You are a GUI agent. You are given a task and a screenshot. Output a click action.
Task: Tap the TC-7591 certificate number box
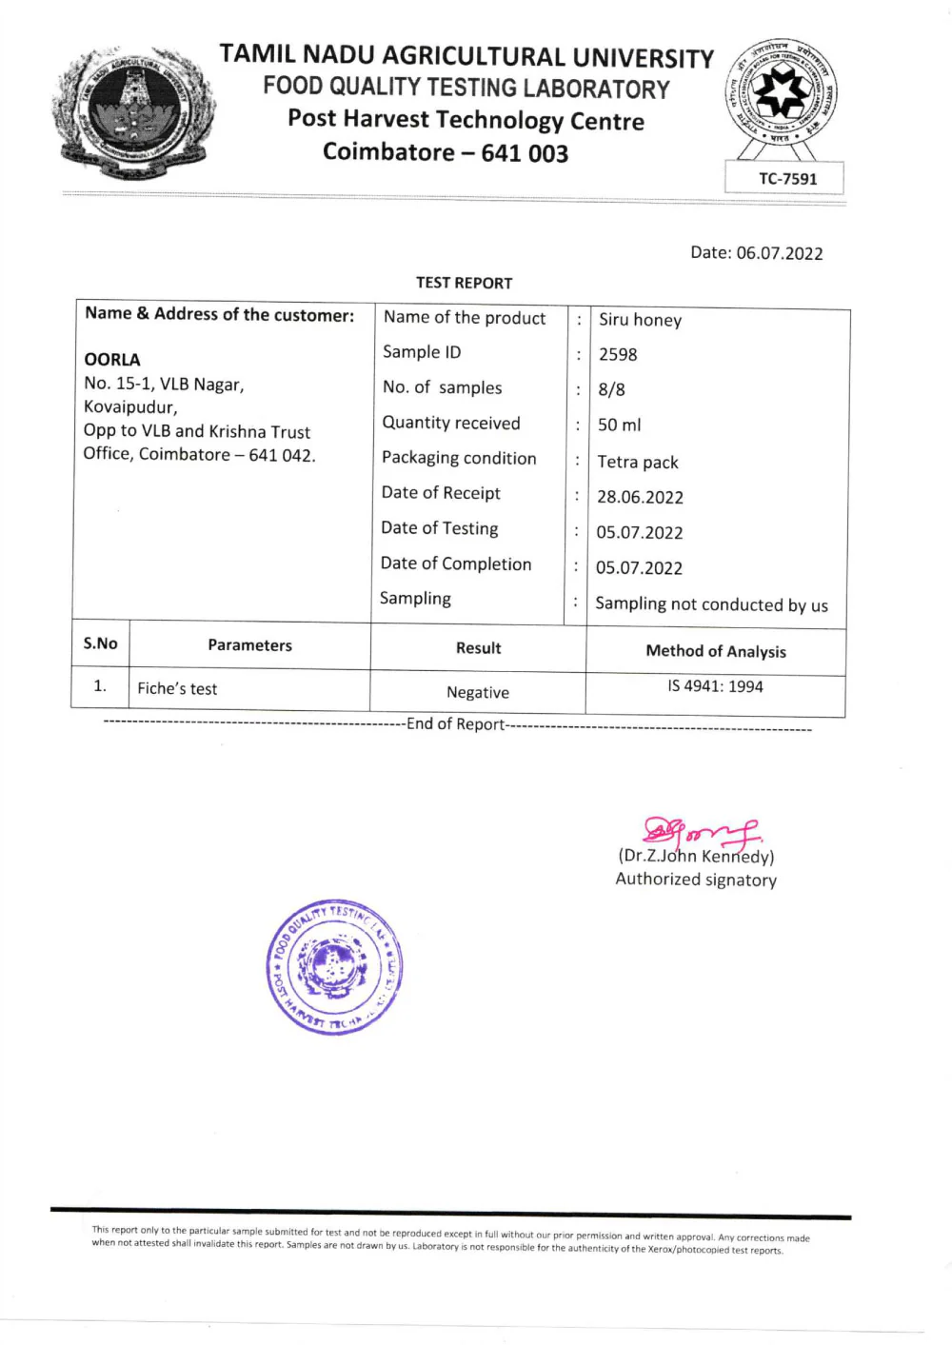click(786, 178)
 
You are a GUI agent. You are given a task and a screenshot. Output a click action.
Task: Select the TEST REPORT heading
click(464, 283)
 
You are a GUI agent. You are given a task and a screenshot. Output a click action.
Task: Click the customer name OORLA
click(112, 360)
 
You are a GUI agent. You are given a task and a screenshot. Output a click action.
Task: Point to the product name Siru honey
click(640, 320)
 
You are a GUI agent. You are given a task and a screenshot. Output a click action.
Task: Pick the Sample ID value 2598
click(618, 355)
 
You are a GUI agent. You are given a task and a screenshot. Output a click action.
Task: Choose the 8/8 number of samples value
click(611, 389)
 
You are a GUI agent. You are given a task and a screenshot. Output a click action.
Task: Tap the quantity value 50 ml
click(619, 425)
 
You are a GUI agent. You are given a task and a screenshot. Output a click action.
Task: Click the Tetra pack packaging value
click(637, 463)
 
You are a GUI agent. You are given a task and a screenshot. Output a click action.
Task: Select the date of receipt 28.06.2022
click(640, 497)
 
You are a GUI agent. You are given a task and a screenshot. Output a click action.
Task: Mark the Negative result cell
click(478, 693)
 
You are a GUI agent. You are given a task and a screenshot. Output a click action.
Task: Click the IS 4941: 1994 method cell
click(715, 686)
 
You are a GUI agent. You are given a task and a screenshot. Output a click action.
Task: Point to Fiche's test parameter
click(177, 689)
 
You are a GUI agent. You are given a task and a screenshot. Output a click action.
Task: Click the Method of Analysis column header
click(716, 651)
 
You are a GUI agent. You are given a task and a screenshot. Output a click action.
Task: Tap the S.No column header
click(100, 643)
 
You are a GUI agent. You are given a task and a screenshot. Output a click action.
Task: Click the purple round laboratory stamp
click(334, 967)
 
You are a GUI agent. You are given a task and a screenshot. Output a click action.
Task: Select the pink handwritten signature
click(701, 832)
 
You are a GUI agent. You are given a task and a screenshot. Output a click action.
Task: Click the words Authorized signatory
click(696, 880)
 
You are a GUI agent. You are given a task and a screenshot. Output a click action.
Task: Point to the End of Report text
click(456, 724)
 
